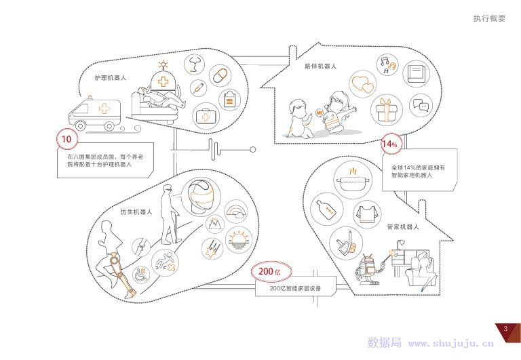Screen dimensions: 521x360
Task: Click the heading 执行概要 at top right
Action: click(x=489, y=19)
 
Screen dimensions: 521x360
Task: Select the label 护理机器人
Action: click(x=111, y=78)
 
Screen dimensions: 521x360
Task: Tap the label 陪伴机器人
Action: click(x=320, y=66)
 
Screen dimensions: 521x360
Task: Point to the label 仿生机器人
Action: click(x=136, y=212)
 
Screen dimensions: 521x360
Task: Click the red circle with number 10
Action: click(x=66, y=140)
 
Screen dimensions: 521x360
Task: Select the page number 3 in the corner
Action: click(x=505, y=329)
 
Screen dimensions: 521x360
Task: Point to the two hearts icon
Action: click(x=363, y=85)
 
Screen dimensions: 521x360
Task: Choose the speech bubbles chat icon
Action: click(x=421, y=105)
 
